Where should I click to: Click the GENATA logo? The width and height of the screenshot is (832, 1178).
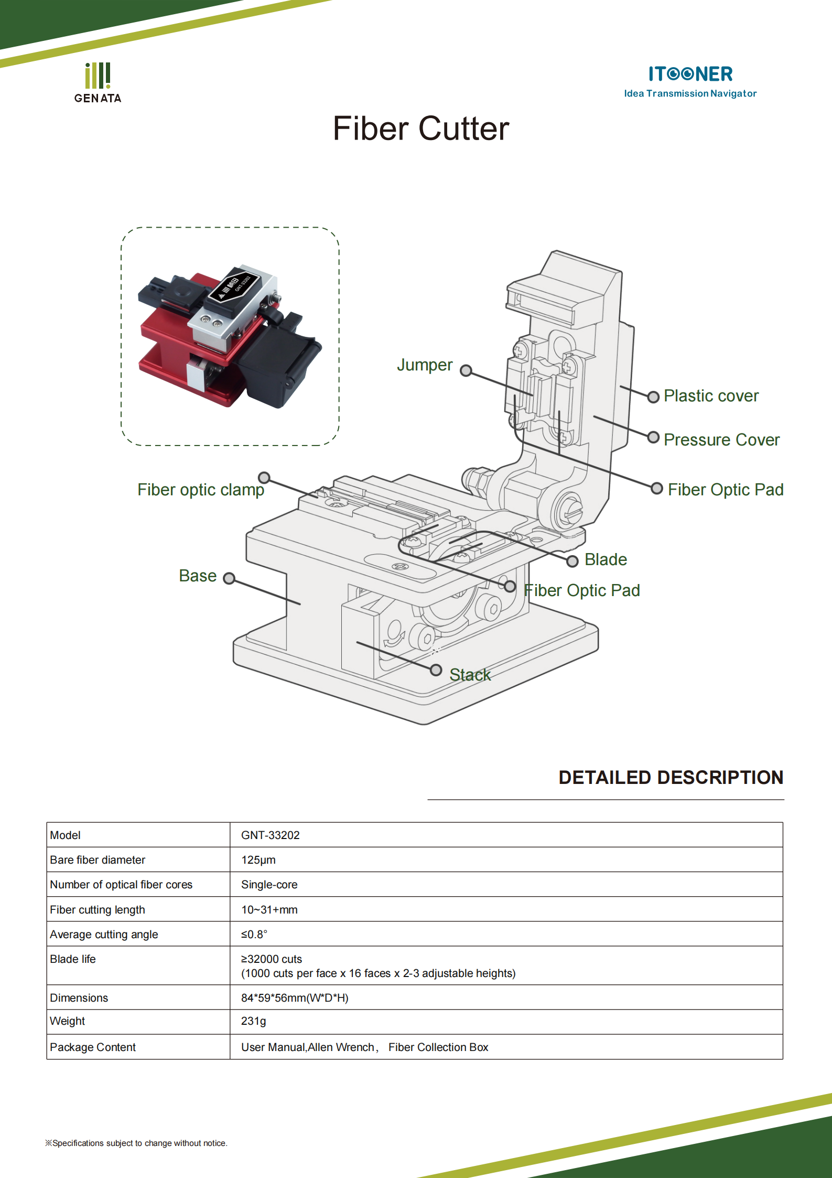pos(98,83)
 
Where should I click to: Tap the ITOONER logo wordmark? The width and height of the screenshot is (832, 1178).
pos(690,74)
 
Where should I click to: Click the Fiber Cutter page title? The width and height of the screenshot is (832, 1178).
pos(420,129)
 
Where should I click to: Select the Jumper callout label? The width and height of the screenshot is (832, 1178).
pos(424,365)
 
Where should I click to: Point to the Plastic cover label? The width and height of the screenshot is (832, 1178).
pos(711,396)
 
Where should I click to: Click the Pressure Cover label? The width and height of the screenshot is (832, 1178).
pos(721,440)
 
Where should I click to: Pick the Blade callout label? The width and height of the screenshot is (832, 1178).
pos(606,559)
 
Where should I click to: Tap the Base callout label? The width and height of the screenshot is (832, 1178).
pos(198,576)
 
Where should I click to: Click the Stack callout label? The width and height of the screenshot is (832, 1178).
pos(470,675)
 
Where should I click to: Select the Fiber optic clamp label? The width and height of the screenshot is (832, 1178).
pos(201,490)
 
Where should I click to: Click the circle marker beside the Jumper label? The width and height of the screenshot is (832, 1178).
pos(466,371)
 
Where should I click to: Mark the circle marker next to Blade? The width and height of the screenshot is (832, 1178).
pos(572,561)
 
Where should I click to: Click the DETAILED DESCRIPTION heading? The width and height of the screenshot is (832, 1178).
pos(671,778)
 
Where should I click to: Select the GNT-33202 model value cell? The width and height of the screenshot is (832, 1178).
pos(271,835)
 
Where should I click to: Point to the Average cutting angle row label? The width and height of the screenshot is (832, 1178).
pos(104,935)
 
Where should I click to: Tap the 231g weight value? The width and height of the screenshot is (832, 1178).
pos(254,1021)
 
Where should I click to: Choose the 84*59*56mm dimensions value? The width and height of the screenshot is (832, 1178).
pos(295,998)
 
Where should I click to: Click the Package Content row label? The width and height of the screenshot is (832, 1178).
pos(93,1047)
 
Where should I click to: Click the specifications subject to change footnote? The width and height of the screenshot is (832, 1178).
pos(136,1143)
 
